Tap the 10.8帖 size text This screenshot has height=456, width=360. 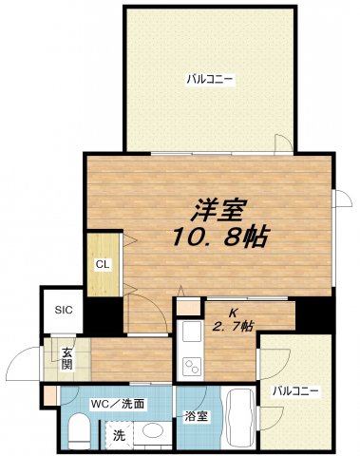pos(217,235)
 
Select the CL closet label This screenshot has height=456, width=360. pos(100,264)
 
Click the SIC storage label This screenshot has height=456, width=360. pos(63,310)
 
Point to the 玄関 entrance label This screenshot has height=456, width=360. pos(67,358)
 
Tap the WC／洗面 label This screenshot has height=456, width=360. pos(118,404)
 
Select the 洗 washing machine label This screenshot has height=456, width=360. pos(119,436)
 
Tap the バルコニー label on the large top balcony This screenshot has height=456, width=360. pos(210,80)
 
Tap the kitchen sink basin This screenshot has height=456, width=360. pos(189,332)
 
